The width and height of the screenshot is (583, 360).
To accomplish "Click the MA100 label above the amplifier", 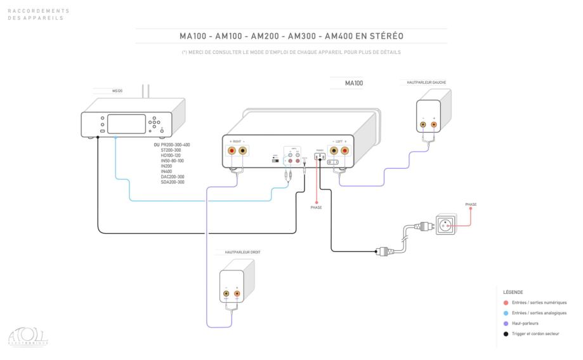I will [x=354, y=83].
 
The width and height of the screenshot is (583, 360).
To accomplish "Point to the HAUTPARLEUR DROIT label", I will [x=242, y=252].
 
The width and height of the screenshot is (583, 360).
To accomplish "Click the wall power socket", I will [x=445, y=224].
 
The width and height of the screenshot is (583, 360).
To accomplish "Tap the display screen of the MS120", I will [x=126, y=123].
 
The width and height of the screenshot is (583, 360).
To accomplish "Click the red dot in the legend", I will [x=505, y=303].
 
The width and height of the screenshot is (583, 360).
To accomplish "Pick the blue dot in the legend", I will [x=505, y=313].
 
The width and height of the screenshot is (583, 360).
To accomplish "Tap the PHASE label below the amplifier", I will [x=316, y=208].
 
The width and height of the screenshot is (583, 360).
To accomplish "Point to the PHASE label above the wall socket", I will [x=471, y=204].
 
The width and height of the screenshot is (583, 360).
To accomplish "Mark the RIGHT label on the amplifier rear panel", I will [x=236, y=141].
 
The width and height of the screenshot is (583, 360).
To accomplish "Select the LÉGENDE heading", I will [x=512, y=293].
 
